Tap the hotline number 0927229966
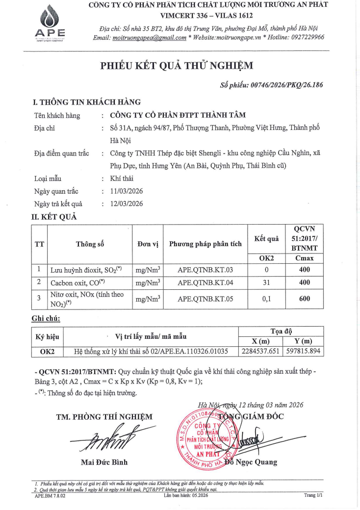pyautogui.click(x=303, y=38)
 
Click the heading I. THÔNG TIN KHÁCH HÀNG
pyautogui.click(x=87, y=102)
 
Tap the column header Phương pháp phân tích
pyautogui.click(x=205, y=244)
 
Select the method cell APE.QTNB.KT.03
pyautogui.click(x=205, y=269)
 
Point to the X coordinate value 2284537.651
pyautogui.click(x=261, y=351)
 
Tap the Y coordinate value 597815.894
pyautogui.click(x=302, y=351)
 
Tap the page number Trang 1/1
pyautogui.click(x=313, y=496)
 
